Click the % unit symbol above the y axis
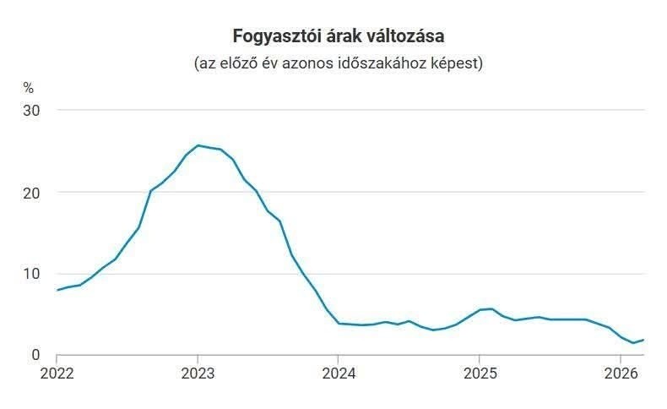point(29,88)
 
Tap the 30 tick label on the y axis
point(31,111)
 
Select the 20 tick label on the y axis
point(31,193)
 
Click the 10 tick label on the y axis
point(31,274)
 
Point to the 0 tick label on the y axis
point(35,355)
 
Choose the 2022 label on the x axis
point(57,374)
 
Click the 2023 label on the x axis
point(198,374)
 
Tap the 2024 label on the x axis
point(339,374)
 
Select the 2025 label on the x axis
point(480,374)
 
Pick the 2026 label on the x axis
point(621,374)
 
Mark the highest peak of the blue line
point(198,145)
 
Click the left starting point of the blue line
point(57,290)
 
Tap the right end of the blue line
point(643,340)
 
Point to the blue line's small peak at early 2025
point(491,308)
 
